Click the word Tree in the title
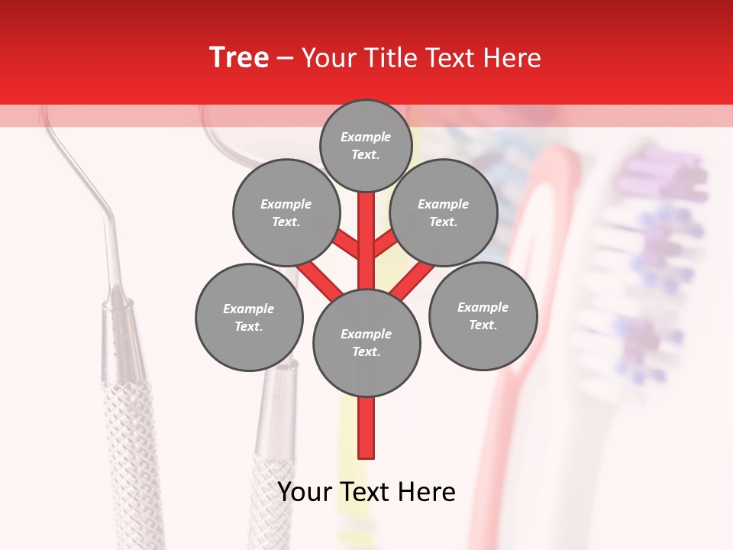(x=239, y=57)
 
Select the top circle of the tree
(x=366, y=145)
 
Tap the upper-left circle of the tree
(x=286, y=212)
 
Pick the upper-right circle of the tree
(x=444, y=212)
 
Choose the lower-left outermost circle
(x=249, y=317)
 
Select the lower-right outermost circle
(x=483, y=315)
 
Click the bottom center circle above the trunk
(x=366, y=342)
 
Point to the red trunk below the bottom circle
(x=366, y=428)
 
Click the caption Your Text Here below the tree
(x=366, y=492)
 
